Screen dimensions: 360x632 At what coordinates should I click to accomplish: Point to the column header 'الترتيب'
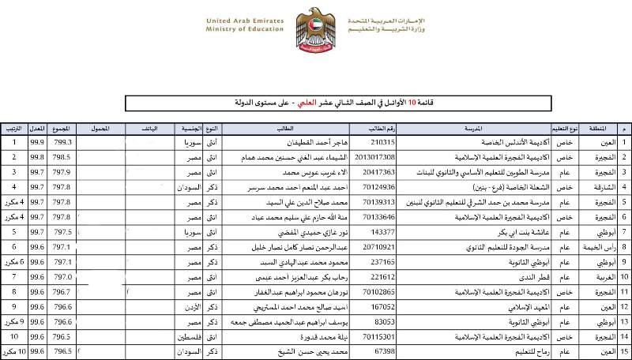(x=13, y=128)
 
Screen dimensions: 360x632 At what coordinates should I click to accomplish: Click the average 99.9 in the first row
(x=36, y=142)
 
